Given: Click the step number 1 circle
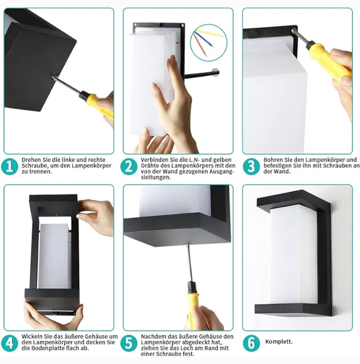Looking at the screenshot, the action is [x=10, y=166].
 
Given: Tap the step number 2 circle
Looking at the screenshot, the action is [x=129, y=166].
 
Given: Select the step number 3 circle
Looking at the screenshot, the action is [x=251, y=166].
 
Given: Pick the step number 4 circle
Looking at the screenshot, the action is [x=10, y=343].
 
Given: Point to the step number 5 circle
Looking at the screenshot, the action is [x=129, y=343].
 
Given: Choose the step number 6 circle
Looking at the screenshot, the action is [x=251, y=343].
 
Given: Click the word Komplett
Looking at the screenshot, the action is [x=279, y=342].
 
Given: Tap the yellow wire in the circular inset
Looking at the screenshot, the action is [x=210, y=33].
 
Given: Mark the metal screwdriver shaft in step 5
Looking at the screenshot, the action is [x=189, y=262].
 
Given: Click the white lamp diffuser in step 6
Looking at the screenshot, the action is [x=293, y=254].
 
